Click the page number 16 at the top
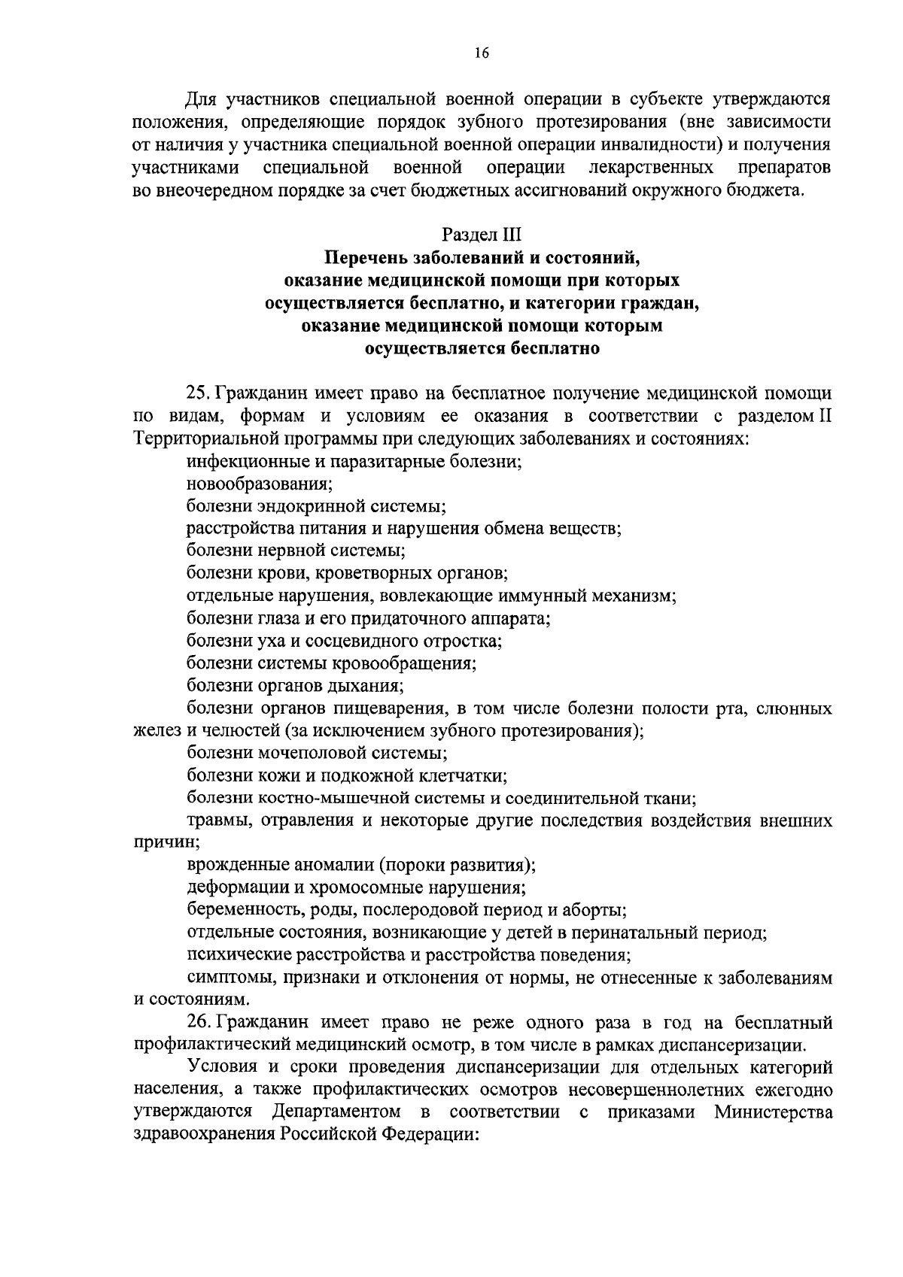pos(482,53)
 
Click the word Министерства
pos(774,1112)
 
